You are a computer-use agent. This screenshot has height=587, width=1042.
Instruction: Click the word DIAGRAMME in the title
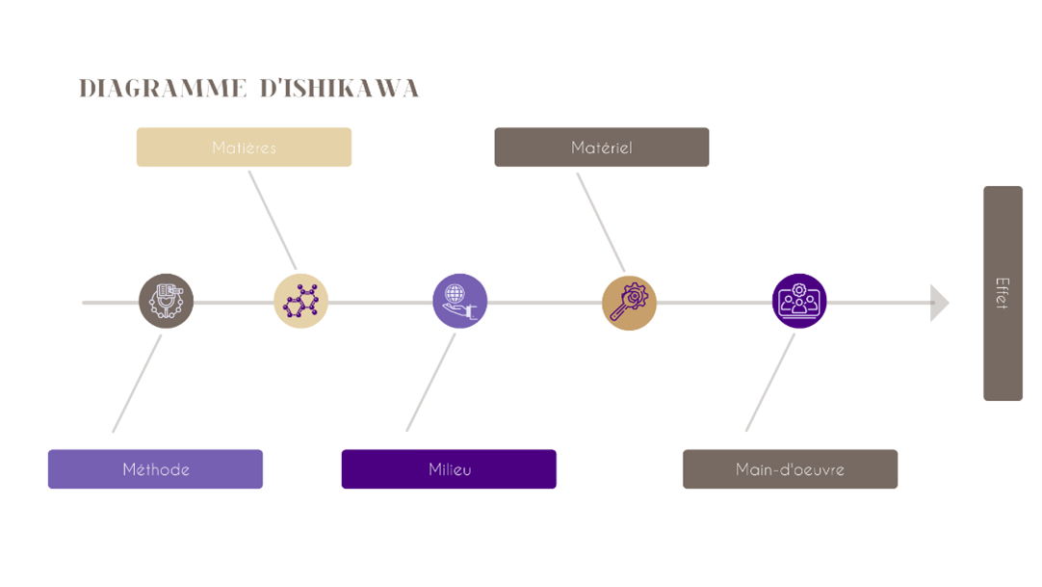pos(162,90)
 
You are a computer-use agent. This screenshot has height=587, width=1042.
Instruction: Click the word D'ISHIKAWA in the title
pos(340,90)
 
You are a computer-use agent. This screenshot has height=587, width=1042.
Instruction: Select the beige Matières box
pos(244,147)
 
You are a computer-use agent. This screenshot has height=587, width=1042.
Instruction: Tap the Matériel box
pos(601,147)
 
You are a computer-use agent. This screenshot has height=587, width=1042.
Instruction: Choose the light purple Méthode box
pos(155,469)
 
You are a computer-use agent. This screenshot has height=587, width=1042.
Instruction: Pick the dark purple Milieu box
pos(449,469)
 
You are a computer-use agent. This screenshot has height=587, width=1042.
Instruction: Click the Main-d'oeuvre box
pos(790,469)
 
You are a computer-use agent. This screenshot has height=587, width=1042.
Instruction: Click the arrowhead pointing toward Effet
pos(939,303)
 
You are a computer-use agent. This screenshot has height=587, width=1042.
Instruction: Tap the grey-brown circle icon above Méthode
pos(166,301)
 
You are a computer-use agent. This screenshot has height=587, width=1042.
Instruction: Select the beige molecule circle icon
pos(300,301)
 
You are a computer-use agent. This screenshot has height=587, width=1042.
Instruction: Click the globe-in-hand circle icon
pos(459,301)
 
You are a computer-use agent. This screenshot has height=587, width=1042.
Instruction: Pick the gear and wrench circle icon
pos(629,303)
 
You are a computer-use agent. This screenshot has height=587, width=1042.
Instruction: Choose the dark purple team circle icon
pos(799,301)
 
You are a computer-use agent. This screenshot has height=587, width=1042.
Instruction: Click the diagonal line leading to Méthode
pos(137,384)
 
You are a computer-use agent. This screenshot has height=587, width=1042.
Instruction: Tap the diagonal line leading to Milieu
pos(430,383)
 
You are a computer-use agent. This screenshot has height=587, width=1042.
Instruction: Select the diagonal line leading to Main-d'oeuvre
pos(769,383)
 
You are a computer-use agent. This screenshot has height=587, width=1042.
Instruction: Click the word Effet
pos(1003,292)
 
